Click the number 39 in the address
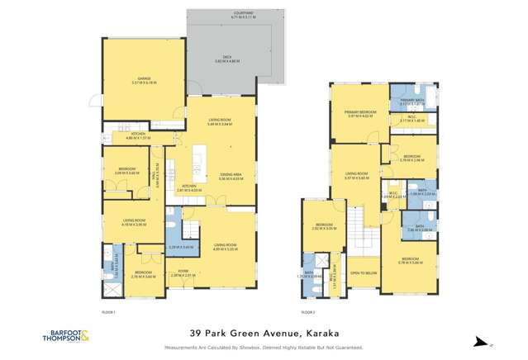196,334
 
